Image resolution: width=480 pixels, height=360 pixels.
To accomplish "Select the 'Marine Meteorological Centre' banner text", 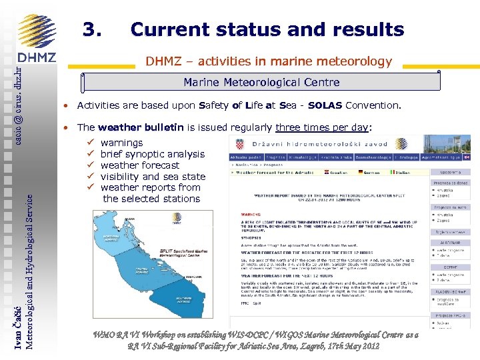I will (261, 83).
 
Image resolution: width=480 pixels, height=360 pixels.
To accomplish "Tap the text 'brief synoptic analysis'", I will (153, 154).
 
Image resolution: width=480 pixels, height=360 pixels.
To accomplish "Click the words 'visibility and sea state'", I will (153, 177).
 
